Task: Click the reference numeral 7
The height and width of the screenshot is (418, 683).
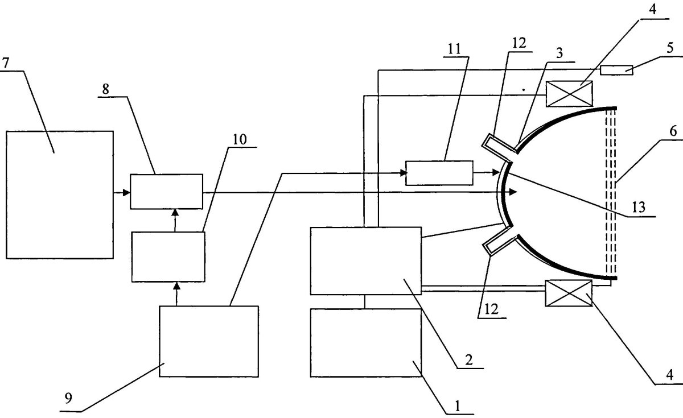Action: pyautogui.click(x=6, y=63)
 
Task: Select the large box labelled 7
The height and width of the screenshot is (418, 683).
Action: pyautogui.click(x=60, y=195)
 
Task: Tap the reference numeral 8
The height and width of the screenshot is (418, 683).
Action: pyautogui.click(x=106, y=89)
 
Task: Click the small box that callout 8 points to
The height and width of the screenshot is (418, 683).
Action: pyautogui.click(x=166, y=192)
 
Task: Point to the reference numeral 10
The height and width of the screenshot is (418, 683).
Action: pyautogui.click(x=240, y=139)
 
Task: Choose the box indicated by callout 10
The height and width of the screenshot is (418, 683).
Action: pyautogui.click(x=168, y=257)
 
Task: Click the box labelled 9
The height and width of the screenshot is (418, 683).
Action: pyautogui.click(x=209, y=342)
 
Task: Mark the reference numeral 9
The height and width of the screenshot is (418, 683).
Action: pyautogui.click(x=68, y=398)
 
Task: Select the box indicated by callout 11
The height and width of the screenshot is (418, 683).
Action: pyautogui.click(x=439, y=173)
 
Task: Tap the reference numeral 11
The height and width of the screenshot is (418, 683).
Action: pyautogui.click(x=454, y=49)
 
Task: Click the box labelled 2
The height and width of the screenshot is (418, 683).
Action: pyautogui.click(x=366, y=261)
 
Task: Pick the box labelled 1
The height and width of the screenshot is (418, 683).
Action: pyautogui.click(x=366, y=343)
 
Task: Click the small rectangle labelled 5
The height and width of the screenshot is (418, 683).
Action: pyautogui.click(x=616, y=70)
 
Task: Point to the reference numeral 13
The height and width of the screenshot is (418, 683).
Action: pyautogui.click(x=639, y=208)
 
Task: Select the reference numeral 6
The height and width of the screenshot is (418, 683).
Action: pyautogui.click(x=673, y=131)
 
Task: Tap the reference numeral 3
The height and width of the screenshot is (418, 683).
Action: pyautogui.click(x=559, y=53)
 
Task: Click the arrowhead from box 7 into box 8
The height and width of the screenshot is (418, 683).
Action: pyautogui.click(x=126, y=193)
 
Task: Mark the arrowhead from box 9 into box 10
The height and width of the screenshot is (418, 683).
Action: pyautogui.click(x=176, y=285)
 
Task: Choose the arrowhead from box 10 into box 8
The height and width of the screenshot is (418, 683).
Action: pyautogui.click(x=175, y=213)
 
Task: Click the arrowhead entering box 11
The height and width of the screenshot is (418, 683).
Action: pyautogui.click(x=404, y=173)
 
